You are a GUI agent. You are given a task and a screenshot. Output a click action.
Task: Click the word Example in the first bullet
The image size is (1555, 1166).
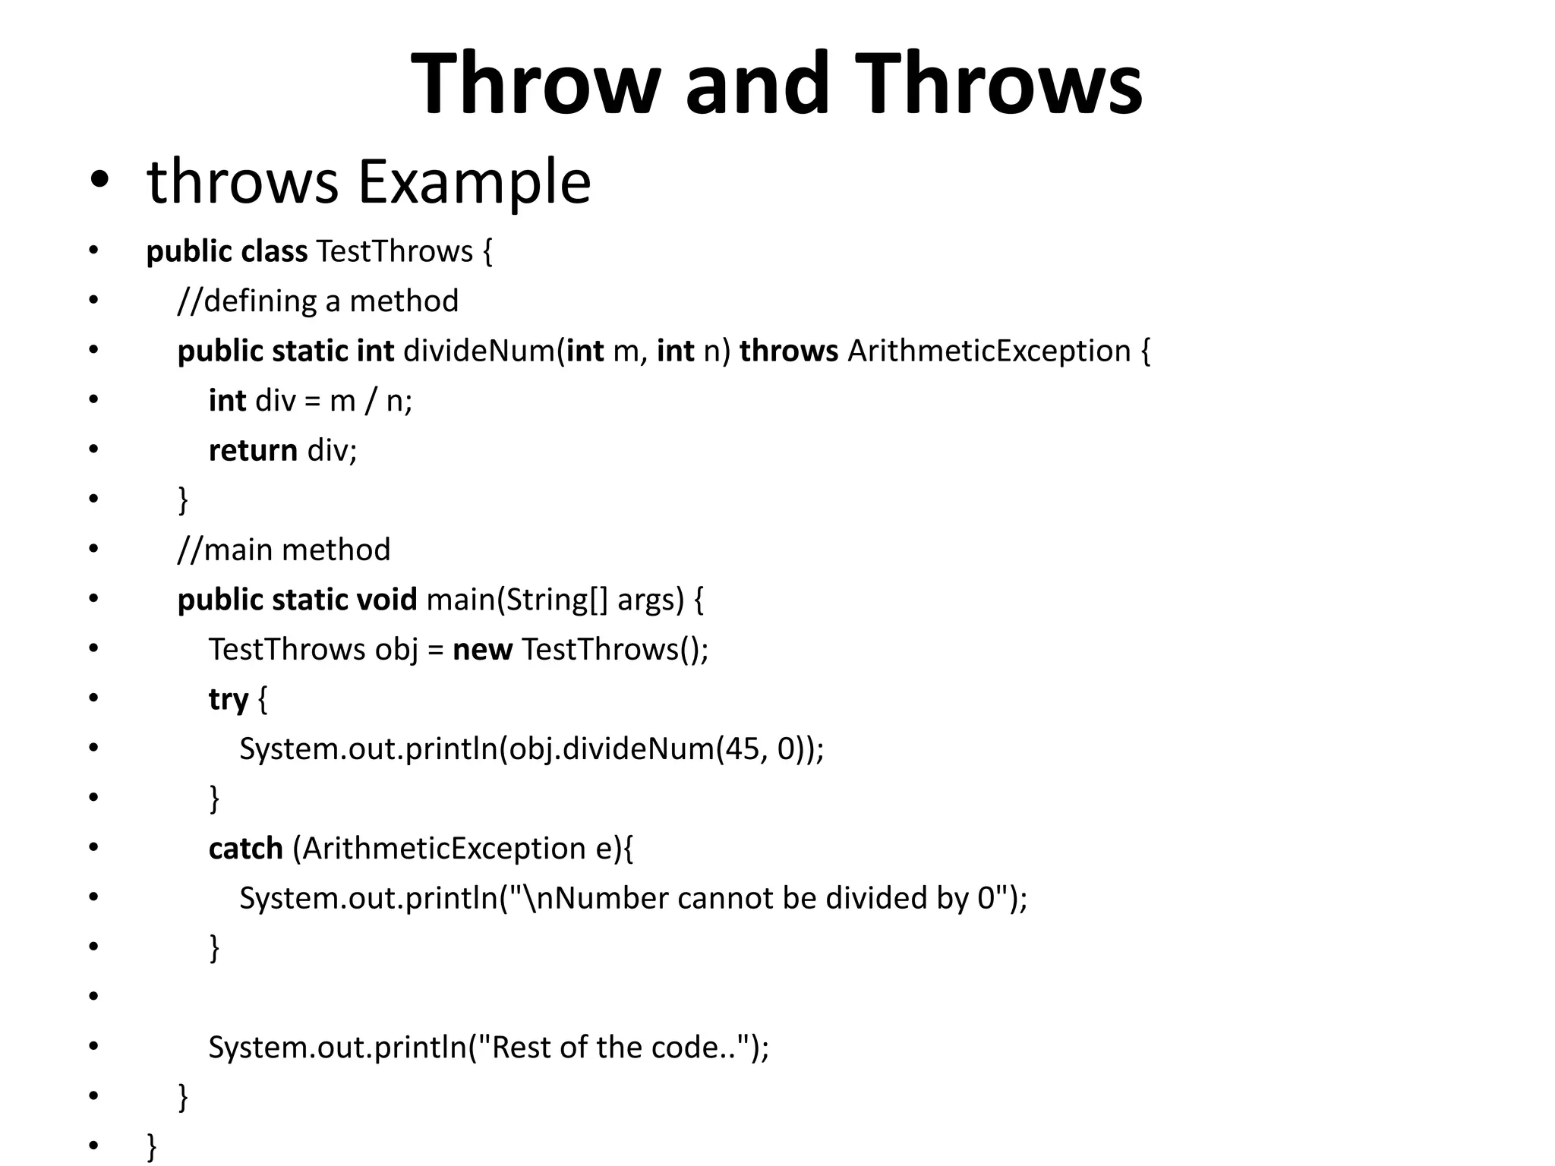coord(474,182)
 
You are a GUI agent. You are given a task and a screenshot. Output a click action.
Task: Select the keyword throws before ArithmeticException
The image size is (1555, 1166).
coord(788,351)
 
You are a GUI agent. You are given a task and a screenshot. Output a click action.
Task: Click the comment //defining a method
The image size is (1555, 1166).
coord(317,301)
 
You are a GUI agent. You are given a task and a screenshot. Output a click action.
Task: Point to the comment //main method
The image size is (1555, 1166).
coord(283,550)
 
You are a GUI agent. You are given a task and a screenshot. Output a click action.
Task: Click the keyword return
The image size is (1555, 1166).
coord(253,451)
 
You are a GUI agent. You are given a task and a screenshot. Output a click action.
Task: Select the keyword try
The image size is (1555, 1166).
coord(228,699)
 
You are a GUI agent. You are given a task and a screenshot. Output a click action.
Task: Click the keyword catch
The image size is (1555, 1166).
coord(245,849)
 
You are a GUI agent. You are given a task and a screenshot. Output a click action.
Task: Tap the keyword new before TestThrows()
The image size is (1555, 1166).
coord(482,650)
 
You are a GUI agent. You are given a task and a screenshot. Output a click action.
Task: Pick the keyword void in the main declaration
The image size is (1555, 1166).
coord(386,600)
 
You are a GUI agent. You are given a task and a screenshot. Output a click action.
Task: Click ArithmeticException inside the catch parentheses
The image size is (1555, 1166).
coord(443,849)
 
